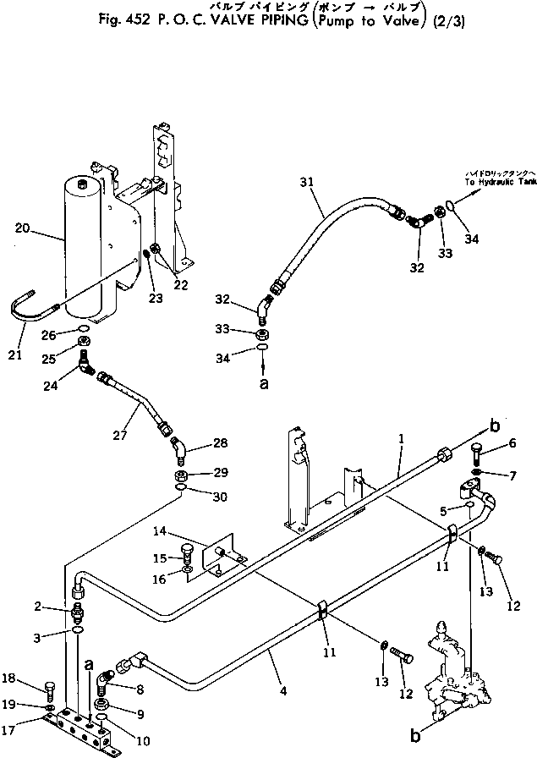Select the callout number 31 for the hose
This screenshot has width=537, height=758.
pyautogui.click(x=306, y=182)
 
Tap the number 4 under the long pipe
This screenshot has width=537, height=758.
pyautogui.click(x=282, y=690)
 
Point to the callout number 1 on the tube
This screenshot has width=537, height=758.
pyautogui.click(x=401, y=441)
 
